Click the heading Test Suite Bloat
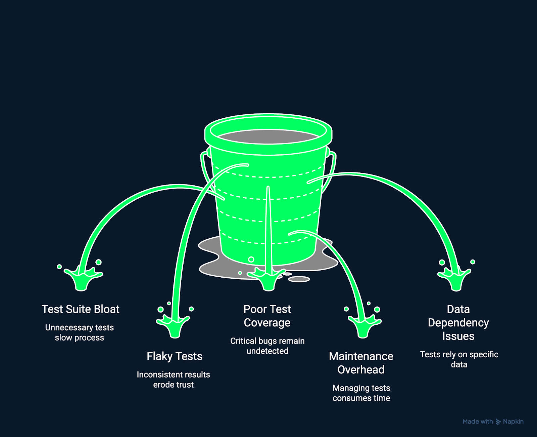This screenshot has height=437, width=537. point(80,309)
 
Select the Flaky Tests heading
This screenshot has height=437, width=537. point(175,356)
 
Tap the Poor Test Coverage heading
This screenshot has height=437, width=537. point(267,316)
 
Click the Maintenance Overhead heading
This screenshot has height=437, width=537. point(361,363)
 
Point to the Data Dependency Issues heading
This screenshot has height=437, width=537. point(458,323)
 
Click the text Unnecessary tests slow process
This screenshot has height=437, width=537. point(80,332)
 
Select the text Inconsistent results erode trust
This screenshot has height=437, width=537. point(173,380)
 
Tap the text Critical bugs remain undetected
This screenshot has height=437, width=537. point(267,346)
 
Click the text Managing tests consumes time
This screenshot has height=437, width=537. point(361,393)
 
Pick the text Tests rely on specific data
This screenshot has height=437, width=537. point(459,359)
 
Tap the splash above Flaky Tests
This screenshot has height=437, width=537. point(174,326)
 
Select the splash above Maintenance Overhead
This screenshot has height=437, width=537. point(363,326)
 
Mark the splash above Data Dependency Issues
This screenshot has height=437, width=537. point(455,279)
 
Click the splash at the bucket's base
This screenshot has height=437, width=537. point(267,279)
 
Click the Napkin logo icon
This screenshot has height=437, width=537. point(498,422)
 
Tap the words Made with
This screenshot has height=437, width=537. point(478,422)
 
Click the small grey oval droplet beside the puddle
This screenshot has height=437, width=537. point(299,279)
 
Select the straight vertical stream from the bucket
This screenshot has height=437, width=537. point(268,229)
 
